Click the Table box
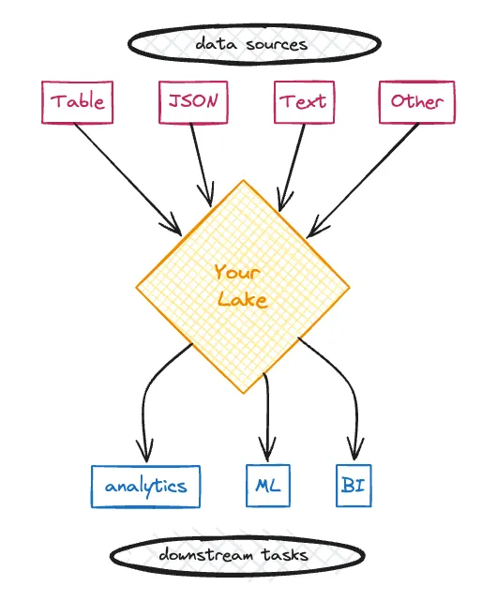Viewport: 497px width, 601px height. pyautogui.click(x=77, y=102)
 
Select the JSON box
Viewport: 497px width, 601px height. pyautogui.click(x=193, y=102)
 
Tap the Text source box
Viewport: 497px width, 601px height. pyautogui.click(x=304, y=102)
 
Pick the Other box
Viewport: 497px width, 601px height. pyautogui.click(x=417, y=102)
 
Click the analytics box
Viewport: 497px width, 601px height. pyautogui.click(x=145, y=487)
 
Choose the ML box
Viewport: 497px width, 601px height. pyautogui.click(x=268, y=486)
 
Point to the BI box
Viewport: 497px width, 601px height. pyautogui.click(x=354, y=486)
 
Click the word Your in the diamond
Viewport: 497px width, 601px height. pyautogui.click(x=237, y=273)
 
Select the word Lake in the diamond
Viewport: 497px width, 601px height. pyautogui.click(x=242, y=299)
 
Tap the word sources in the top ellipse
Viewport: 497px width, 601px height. pyautogui.click(x=277, y=44)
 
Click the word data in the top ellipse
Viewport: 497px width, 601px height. pyautogui.click(x=217, y=44)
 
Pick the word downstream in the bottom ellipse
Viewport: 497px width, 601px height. pyautogui.click(x=206, y=555)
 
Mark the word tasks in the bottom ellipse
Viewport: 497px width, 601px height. pyautogui.click(x=285, y=555)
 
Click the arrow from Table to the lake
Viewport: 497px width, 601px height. pyautogui.click(x=128, y=179)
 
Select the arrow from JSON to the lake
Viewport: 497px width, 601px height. pyautogui.click(x=202, y=165)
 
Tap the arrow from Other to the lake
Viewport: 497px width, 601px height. pyautogui.click(x=363, y=180)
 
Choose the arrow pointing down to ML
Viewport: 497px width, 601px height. pyautogui.click(x=267, y=417)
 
